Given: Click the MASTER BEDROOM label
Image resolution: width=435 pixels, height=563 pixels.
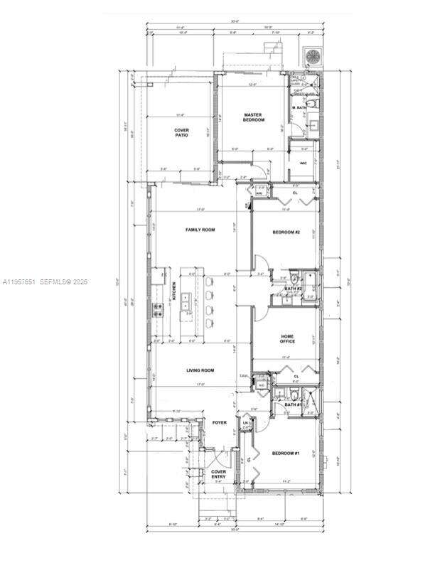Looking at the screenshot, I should click(254, 117).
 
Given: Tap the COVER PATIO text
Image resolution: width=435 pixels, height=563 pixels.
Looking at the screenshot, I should click(182, 133).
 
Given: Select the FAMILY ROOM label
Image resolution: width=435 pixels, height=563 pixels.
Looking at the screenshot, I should click(200, 230).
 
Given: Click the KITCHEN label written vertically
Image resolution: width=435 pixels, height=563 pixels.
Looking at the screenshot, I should click(173, 292).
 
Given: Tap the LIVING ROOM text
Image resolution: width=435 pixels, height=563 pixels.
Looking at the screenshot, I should click(200, 370).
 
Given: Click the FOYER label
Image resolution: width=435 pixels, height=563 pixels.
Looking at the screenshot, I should click(220, 422).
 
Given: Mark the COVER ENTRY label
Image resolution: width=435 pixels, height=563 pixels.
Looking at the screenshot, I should click(219, 474).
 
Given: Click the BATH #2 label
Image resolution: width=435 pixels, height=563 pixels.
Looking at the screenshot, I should click(294, 289).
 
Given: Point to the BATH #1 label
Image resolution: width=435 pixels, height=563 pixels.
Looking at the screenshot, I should click(294, 405).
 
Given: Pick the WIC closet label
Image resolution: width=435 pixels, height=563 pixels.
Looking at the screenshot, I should click(304, 163).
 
